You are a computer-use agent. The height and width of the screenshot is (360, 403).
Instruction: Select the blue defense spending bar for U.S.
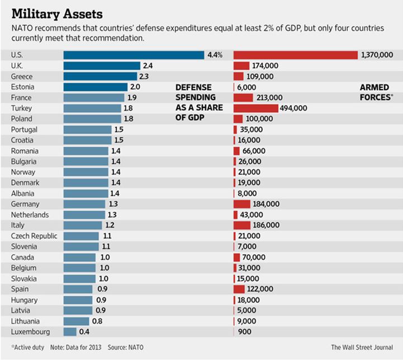click(x=134, y=55)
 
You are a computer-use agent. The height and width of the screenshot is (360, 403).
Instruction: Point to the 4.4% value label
click(x=215, y=55)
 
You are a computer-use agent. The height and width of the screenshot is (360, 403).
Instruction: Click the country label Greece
click(x=22, y=76)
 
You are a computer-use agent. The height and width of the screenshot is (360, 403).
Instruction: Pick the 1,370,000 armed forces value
click(x=377, y=55)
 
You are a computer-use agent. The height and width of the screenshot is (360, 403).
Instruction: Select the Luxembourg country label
click(x=31, y=331)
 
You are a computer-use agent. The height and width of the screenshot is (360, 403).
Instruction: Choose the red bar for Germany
click(x=242, y=204)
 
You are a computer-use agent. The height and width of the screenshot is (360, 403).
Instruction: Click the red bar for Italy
click(x=242, y=225)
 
